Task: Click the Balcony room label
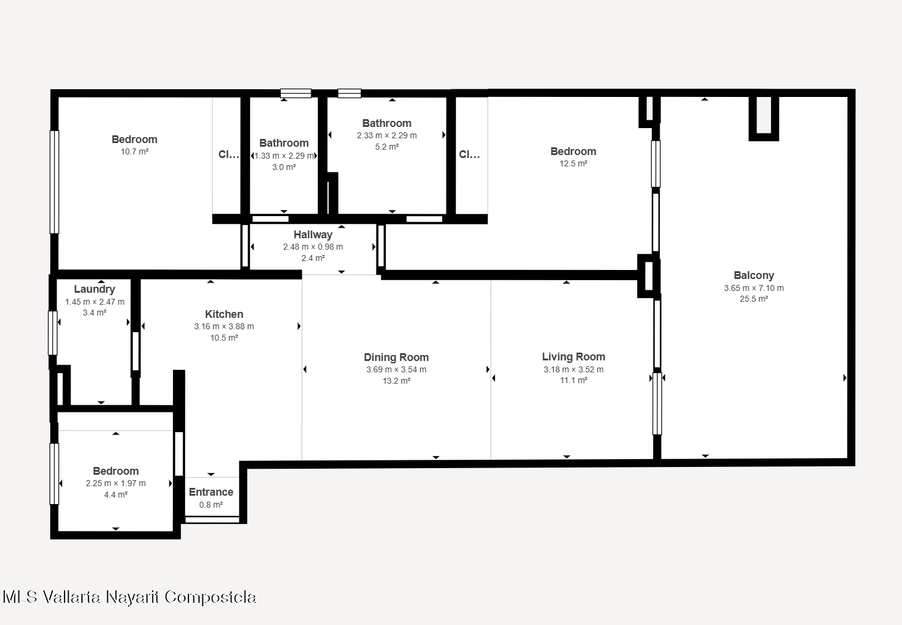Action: click(754, 275)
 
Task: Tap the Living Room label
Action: click(573, 357)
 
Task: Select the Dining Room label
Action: click(396, 357)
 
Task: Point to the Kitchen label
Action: click(224, 314)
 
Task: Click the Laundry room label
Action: click(94, 289)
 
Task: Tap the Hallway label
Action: click(313, 235)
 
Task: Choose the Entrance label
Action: click(211, 492)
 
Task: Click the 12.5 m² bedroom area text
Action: click(573, 163)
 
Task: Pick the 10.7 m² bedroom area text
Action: click(135, 151)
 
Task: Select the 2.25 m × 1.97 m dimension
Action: click(116, 483)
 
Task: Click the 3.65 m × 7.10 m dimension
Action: click(754, 288)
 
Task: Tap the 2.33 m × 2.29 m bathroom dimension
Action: click(387, 135)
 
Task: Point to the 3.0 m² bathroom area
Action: click(284, 167)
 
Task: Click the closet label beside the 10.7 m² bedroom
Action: click(228, 154)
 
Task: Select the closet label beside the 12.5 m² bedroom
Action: click(469, 154)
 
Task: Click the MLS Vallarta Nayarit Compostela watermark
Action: click(129, 597)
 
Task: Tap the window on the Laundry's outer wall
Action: click(53, 333)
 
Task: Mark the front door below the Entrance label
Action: click(212, 520)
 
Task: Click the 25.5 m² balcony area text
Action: click(754, 299)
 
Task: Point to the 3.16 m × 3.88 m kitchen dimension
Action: click(224, 326)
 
